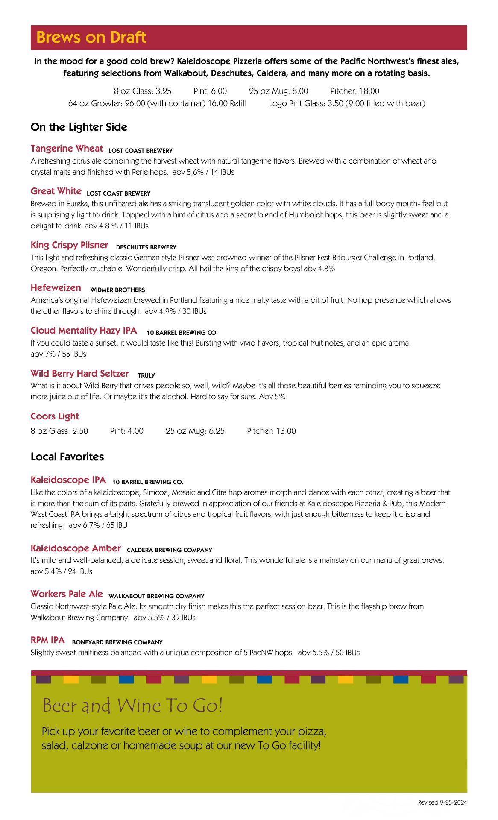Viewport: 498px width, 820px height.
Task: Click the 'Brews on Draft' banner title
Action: coord(91,38)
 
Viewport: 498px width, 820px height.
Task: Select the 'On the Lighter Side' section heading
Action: coord(79,127)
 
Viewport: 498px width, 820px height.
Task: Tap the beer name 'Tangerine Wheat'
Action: coord(67,149)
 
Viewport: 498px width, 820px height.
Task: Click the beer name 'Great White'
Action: coord(56,191)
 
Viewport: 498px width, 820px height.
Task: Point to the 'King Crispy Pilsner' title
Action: coord(69,245)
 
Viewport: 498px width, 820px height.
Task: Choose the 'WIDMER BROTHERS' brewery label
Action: coord(117,290)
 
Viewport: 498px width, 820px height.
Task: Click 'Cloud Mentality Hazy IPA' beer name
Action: coord(84,331)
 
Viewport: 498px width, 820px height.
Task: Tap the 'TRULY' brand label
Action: coord(146,375)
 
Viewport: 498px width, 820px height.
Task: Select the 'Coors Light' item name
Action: coord(55,416)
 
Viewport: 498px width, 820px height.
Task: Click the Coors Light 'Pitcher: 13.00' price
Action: coord(271,431)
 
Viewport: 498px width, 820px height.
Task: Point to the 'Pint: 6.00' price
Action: coord(210,91)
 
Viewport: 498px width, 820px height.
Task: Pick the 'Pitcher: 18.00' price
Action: coord(354,91)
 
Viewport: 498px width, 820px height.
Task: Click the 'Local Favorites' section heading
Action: coord(67,457)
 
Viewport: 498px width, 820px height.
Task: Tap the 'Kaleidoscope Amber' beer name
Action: coord(76,548)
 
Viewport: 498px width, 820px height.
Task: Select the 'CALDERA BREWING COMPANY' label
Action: coord(170,550)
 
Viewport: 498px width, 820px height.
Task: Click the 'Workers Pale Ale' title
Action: coord(67,594)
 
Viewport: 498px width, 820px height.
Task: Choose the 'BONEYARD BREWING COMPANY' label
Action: coord(117,642)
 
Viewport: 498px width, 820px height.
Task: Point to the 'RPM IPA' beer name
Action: coord(48,640)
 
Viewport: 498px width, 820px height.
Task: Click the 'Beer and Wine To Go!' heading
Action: coord(132,706)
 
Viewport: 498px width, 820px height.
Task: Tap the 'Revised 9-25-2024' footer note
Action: coord(442,802)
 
